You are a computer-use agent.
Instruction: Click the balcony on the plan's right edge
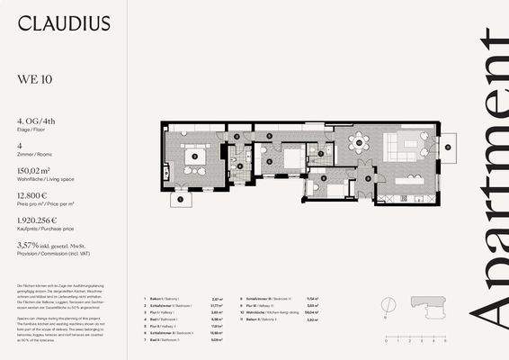(449, 142)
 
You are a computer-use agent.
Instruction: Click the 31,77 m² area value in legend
(216, 304)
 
